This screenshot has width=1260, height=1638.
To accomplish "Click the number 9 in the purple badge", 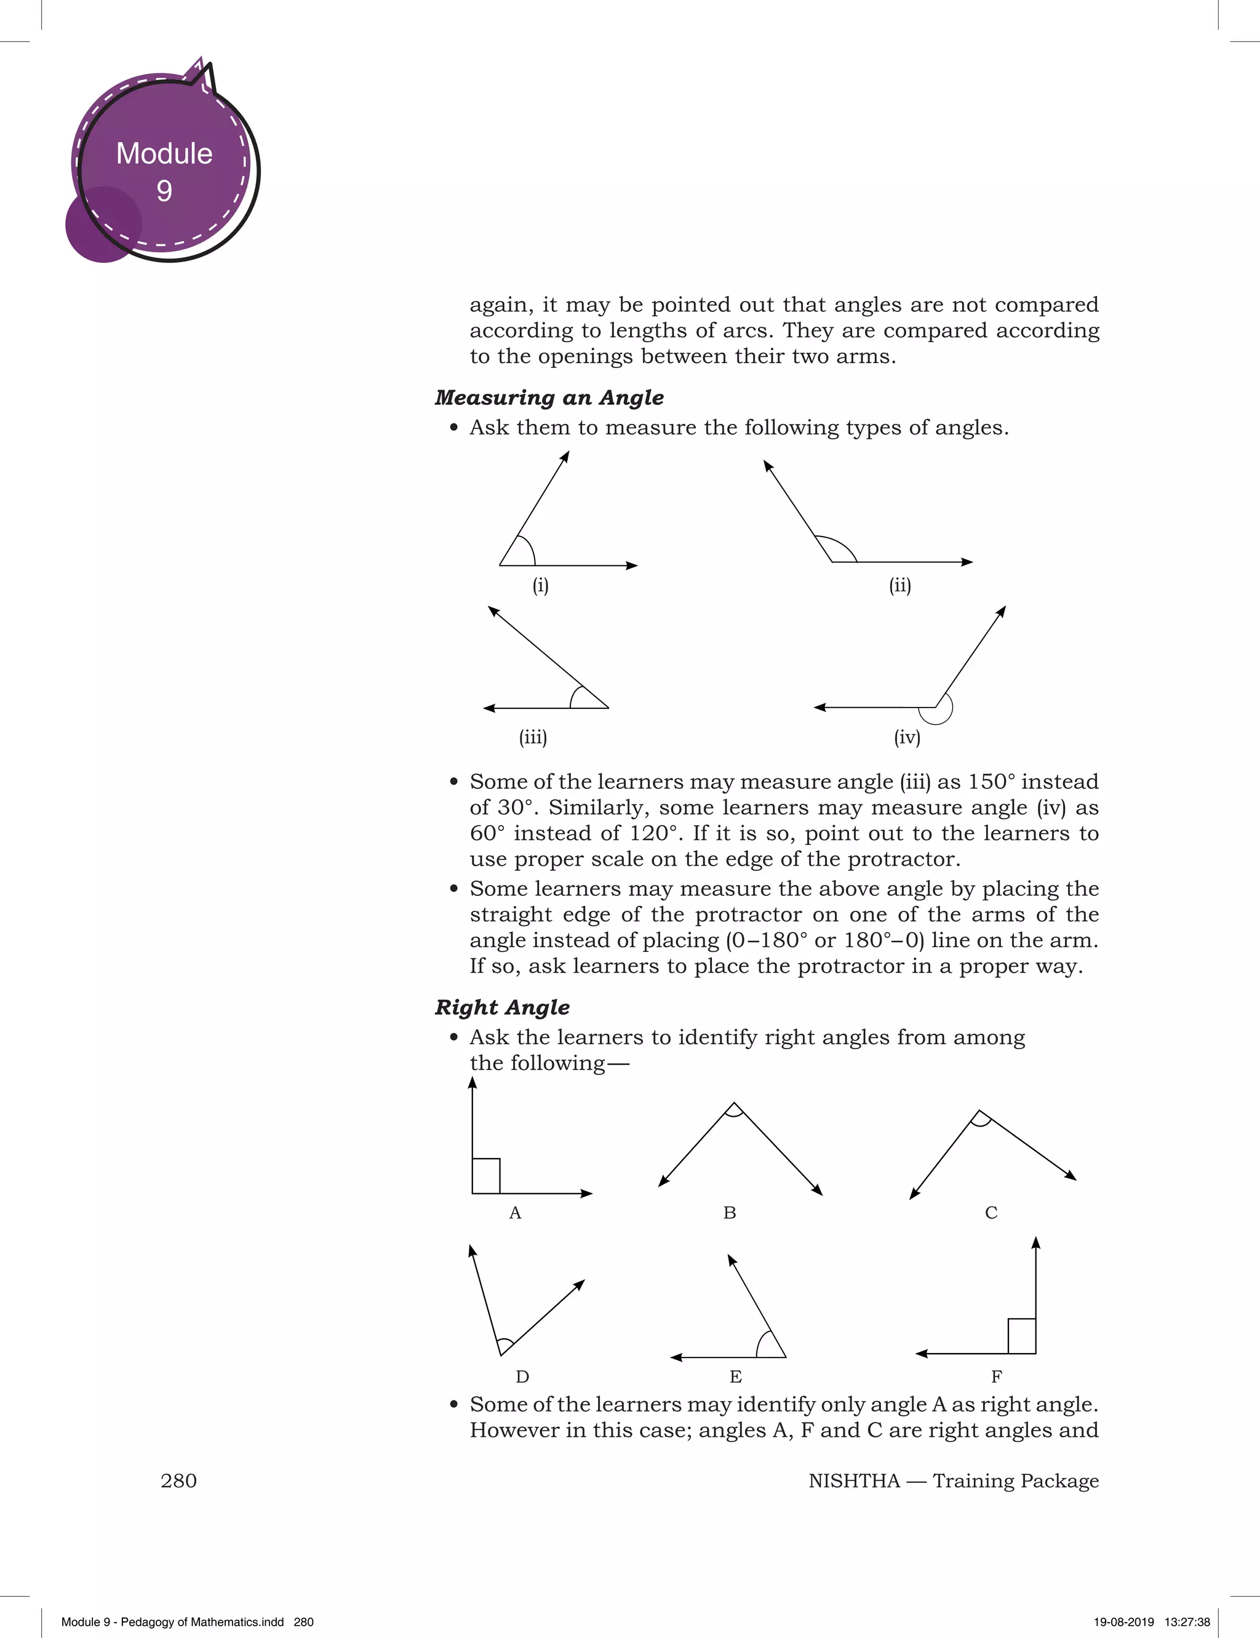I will (x=164, y=191).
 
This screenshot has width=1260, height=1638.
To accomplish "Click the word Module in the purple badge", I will (x=164, y=153).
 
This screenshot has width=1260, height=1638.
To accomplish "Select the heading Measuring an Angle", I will (x=549, y=398).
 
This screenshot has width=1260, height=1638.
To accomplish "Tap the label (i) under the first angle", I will (x=541, y=585).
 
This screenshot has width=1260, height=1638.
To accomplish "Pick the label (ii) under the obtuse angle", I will (x=900, y=585).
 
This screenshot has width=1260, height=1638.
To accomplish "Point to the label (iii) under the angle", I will (x=533, y=737).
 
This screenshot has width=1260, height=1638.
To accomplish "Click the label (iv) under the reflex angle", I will (x=907, y=737).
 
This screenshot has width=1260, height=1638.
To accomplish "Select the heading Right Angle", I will (x=502, y=1007).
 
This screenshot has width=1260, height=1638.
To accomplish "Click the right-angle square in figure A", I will (x=486, y=1175).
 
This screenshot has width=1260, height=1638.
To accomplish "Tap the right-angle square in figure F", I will (x=1021, y=1336).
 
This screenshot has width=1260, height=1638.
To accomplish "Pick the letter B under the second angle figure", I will (x=730, y=1213).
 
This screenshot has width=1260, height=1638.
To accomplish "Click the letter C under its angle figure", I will (x=991, y=1213).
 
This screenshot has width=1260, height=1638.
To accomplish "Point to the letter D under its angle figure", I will (x=523, y=1377).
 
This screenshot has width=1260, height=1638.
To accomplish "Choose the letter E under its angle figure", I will (x=736, y=1377).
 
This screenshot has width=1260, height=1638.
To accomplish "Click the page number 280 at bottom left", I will (x=178, y=1480).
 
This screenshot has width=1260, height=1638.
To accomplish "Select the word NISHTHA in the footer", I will (x=853, y=1481).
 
